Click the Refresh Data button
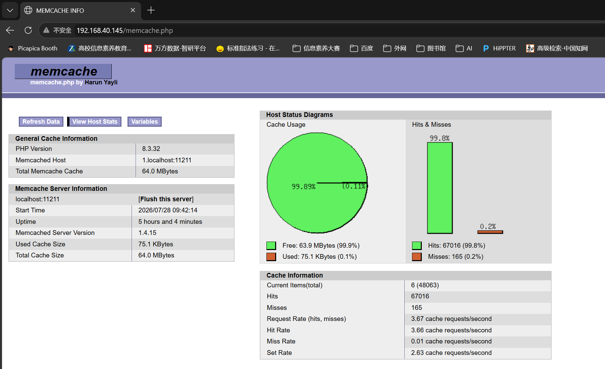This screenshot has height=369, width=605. tap(41, 122)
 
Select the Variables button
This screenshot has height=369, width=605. tap(144, 122)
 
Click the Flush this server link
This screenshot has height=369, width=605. tap(166, 199)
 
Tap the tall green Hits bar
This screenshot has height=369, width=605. tap(440, 188)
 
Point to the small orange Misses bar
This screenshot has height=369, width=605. tap(490, 232)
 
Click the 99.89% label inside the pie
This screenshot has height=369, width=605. tap(303, 187)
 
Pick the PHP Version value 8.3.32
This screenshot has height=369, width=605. tap(151, 149)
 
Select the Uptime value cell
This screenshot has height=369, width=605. tap(170, 222)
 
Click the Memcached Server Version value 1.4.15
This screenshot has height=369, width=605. tap(147, 233)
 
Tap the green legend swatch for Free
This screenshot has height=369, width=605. tap(271, 246)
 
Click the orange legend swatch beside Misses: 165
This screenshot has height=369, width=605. tap(417, 257)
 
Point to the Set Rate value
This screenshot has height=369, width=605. tap(451, 353)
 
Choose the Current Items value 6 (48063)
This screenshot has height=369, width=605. tap(425, 285)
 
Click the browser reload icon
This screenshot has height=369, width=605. tap(28, 31)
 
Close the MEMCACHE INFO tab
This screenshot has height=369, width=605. tap(133, 10)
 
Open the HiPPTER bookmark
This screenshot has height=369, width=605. tap(499, 48)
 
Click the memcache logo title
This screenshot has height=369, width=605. tap(63, 71)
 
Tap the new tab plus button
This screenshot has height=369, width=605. tap(151, 10)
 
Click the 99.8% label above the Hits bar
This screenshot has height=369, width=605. tap(440, 138)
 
